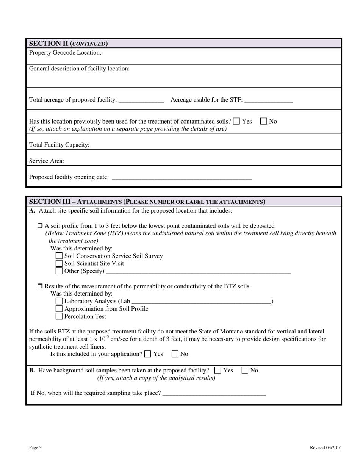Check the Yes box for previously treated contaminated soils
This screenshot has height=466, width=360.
pos(236,121)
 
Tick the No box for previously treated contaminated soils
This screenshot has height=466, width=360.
pos(264,121)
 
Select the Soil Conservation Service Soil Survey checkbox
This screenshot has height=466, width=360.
pos(59,256)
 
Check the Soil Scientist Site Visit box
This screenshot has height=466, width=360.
pos(59,263)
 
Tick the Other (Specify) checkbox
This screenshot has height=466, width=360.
pos(59,271)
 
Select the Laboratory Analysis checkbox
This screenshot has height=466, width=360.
pos(59,301)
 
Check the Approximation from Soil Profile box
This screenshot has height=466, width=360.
pos(59,309)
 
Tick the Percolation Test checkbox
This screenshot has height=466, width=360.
pos(59,316)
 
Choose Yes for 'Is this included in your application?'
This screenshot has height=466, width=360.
pos(148,354)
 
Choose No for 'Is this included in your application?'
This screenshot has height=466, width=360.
pos(175,354)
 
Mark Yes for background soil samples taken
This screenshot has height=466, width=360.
pos(218,370)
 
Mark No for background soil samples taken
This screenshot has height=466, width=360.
pos(245,370)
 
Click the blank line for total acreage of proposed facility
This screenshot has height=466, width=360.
pos(141,100)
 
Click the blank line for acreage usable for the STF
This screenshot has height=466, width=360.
pos(269,100)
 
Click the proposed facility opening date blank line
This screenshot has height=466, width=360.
pos(182,177)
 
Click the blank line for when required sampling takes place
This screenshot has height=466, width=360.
pos(214,393)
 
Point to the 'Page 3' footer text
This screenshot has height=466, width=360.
pos(35,447)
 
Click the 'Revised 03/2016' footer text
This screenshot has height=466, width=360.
pos(326,447)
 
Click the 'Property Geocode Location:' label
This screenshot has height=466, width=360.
pos(65,52)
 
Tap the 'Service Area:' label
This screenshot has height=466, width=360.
pos(47,161)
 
